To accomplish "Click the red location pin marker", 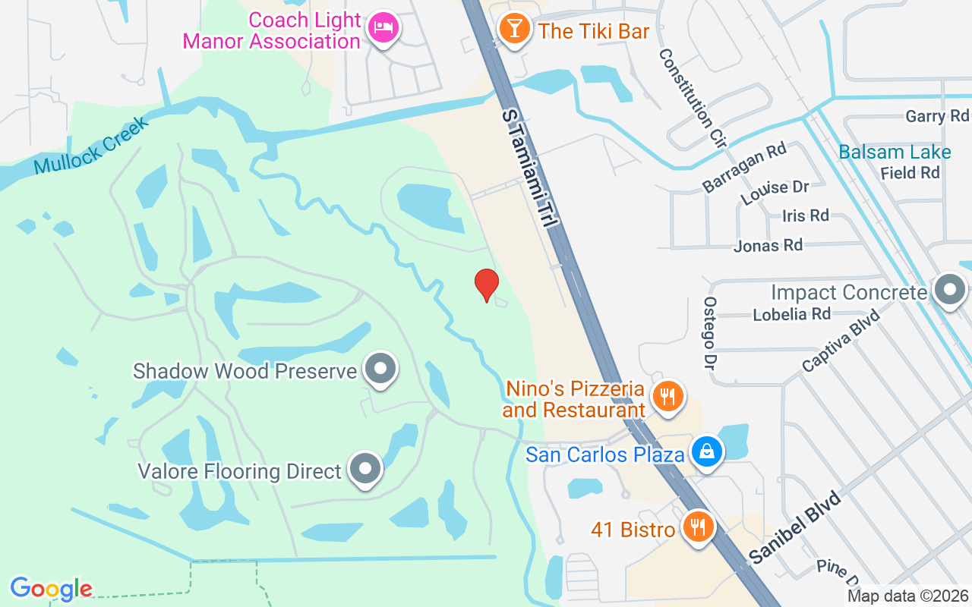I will pos(487,285).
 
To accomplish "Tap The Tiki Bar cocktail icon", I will pos(514,30).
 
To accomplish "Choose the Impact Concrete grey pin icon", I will pos(949,290).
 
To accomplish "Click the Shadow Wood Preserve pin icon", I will pos(380,369).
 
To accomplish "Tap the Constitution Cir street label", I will pos(693,98).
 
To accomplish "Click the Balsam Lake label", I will pos(895,152).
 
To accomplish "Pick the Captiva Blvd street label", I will pos(841,340).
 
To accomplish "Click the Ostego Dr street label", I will pos(711,333).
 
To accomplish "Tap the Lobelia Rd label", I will pos(791,313).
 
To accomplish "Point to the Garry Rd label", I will pos(937,116).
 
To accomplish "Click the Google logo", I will pos(51,588).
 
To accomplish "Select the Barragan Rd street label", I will pos(743,167).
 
